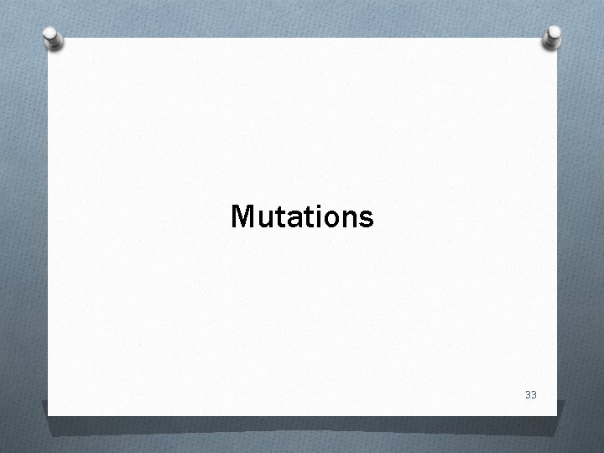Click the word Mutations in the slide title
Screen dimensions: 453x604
pos(302,217)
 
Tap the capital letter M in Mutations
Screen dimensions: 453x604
pos(242,217)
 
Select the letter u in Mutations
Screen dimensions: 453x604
pos(263,220)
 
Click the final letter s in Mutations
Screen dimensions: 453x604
pos(366,220)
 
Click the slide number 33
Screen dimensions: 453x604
pos(529,393)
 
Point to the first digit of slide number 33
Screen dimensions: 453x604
pos(526,393)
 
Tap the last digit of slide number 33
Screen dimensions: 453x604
pos(534,393)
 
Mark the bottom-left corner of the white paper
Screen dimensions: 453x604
pos(48,415)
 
